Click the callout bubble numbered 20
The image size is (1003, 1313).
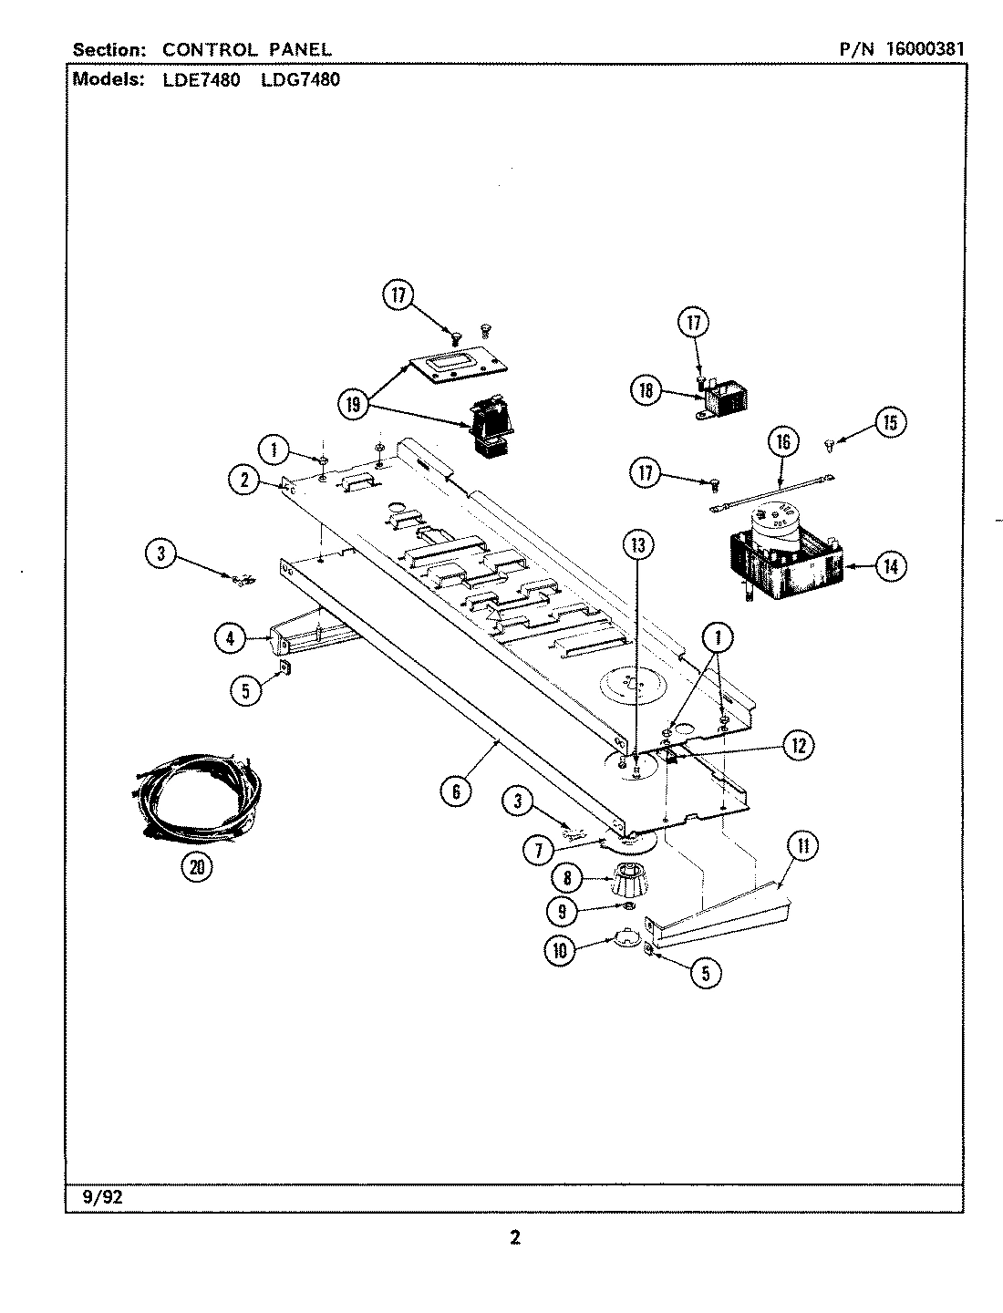point(195,867)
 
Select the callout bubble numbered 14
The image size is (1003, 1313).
point(890,566)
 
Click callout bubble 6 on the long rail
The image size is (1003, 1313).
point(456,791)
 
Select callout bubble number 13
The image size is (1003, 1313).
point(638,545)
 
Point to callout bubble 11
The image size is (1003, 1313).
point(802,846)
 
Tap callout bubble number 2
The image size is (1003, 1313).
point(244,481)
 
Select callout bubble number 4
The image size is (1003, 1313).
point(230,639)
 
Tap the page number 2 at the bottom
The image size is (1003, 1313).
point(514,1238)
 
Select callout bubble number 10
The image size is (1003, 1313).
point(560,950)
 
